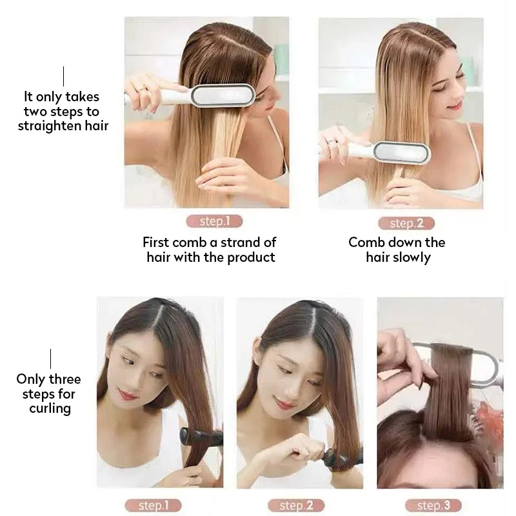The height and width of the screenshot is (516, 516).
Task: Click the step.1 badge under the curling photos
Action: [x=152, y=505]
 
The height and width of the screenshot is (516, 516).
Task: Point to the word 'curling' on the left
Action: [x=50, y=408]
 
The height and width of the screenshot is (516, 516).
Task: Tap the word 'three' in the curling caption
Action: [x=64, y=379]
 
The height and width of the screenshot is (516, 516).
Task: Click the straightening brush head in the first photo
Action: [x=223, y=95]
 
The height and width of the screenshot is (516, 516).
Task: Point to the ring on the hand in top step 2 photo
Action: [x=332, y=141]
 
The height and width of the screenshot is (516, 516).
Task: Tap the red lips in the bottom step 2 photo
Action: [x=284, y=404]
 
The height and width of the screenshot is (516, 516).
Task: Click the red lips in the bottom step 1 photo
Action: [x=128, y=394]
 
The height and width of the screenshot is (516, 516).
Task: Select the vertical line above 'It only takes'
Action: [x=63, y=76]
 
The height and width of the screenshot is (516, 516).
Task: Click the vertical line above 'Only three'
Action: [x=50, y=359]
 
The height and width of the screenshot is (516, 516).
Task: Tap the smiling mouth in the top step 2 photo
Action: [x=454, y=104]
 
